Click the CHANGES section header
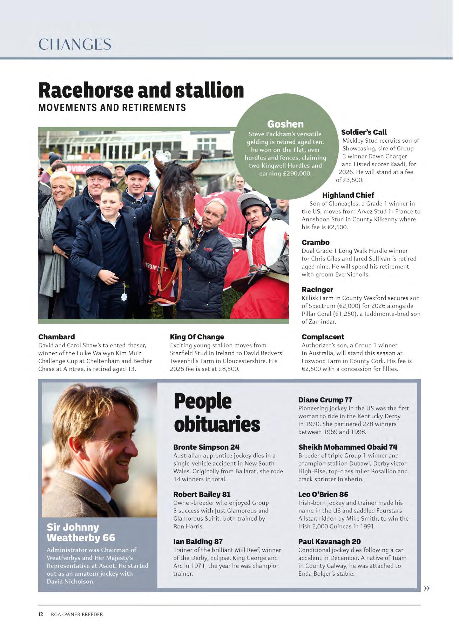(75, 45)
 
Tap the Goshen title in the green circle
(285, 124)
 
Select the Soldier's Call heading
(364, 132)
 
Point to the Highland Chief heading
(348, 195)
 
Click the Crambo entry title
(315, 242)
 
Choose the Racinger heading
(317, 290)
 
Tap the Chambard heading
(56, 337)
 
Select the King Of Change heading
(197, 337)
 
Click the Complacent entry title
(323, 337)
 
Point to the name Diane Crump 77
(325, 400)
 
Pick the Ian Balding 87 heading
(198, 541)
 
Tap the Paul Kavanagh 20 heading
(330, 541)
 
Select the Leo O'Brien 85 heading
(323, 494)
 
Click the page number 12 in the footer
(41, 614)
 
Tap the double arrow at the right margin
(427, 588)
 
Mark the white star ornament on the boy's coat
(123, 297)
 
